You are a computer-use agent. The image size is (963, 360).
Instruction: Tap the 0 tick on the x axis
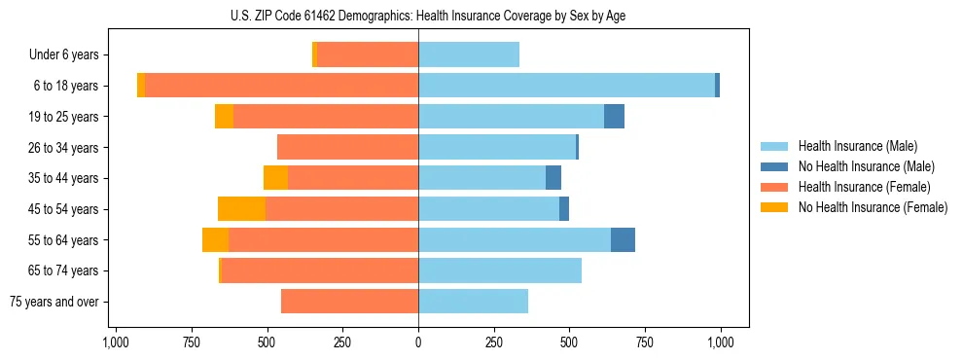[x=418, y=342]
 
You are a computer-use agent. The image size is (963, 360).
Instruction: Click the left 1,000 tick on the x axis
[x=116, y=342]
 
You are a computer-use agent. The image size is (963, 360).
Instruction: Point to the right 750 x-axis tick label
[x=645, y=342]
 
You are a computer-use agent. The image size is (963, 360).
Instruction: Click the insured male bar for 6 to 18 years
[x=566, y=86]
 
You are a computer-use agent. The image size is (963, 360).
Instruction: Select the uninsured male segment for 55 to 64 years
[x=623, y=240]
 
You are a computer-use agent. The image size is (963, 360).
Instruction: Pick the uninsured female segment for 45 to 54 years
[x=241, y=209]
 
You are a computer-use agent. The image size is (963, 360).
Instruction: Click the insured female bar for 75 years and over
[x=350, y=302]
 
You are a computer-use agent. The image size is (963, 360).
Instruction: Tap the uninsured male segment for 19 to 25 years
[x=614, y=117]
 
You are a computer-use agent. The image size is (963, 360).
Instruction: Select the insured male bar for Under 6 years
[x=469, y=55]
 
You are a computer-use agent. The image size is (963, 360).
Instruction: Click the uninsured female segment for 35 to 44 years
[x=275, y=178]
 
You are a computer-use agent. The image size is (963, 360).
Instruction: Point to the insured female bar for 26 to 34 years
[x=347, y=148]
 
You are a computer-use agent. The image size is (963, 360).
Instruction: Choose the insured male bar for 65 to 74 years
[x=500, y=270]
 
